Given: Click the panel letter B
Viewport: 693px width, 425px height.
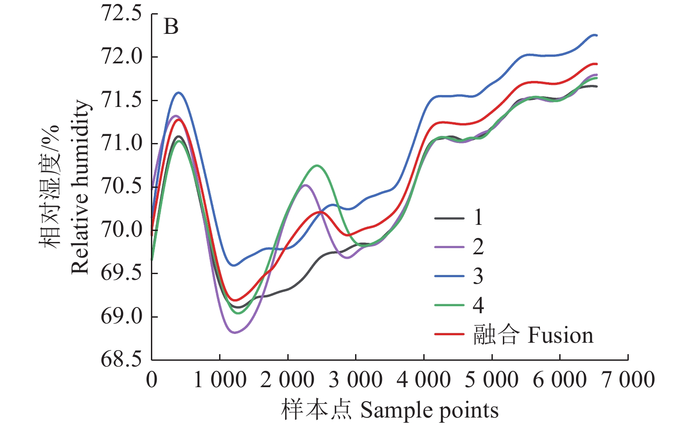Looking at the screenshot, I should tap(171, 27).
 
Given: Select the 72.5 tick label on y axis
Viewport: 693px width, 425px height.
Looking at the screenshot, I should tap(121, 13).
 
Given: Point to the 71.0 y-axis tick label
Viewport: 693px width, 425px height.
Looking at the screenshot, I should tap(121, 143).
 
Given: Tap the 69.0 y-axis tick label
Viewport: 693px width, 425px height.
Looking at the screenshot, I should tap(121, 316).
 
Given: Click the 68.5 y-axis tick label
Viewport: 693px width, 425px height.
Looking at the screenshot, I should tap(121, 359).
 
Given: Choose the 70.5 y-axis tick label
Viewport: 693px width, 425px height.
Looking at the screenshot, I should tap(121, 187).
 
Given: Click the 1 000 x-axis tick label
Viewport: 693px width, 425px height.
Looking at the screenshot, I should tap(220, 380).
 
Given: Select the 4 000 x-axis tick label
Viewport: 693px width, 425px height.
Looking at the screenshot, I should tap(424, 380).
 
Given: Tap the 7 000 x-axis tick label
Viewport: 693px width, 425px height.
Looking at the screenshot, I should tap(628, 380).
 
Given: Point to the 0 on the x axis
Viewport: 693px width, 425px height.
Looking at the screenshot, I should tap(152, 380).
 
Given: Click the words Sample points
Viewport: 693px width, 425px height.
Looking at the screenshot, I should tap(429, 410).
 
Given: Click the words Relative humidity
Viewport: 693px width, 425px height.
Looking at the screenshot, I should tap(80, 187).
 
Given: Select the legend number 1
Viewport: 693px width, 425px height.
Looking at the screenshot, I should tap(478, 217).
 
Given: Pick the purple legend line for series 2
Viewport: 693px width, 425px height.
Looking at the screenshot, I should tap(449, 247).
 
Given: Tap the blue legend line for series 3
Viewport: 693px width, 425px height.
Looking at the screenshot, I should tap(449, 276).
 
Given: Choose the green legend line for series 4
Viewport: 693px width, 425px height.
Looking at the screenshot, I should tap(449, 305).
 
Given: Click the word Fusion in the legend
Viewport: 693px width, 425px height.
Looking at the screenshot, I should tap(560, 335).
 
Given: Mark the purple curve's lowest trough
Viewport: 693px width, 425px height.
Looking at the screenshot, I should tap(234, 333).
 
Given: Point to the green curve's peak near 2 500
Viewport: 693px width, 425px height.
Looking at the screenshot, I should tap(317, 165).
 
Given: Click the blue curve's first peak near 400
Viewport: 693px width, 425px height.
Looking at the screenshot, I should tap(179, 92).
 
